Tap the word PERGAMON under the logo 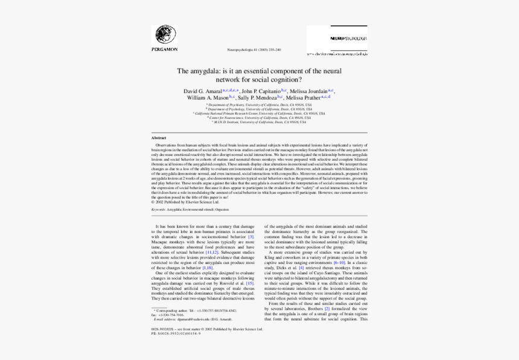coord(165,49)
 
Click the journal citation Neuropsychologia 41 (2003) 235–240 coord(253,50)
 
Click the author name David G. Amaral coord(202,91)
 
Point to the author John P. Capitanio coord(261,91)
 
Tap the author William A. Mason coord(208,97)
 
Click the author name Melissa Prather coord(304,97)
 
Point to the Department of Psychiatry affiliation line coord(259,104)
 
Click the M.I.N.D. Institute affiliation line coord(259,121)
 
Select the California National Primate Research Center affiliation coord(259,113)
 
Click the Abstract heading coord(159,138)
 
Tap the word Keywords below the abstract coord(158,209)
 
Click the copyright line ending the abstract coord(181,202)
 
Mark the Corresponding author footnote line coord(193,310)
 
